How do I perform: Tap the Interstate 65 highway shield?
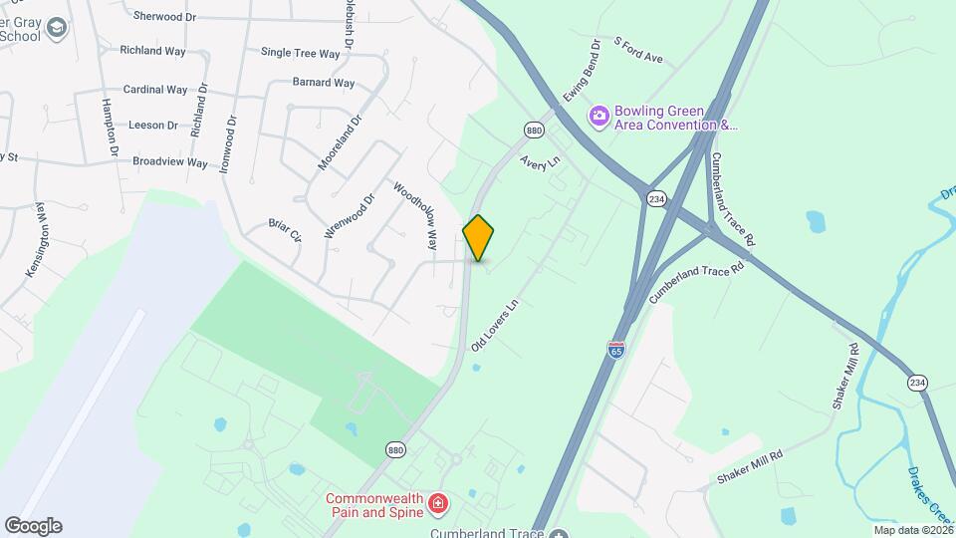point(616,350)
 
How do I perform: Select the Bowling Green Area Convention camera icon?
point(598,117)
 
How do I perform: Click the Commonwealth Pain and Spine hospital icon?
point(437,506)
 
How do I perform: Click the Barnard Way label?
point(324,83)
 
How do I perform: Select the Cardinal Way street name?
point(155,90)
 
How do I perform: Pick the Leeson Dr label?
point(153,126)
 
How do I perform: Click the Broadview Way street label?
point(170,161)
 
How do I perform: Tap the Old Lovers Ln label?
point(496,325)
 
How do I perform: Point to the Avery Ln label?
point(541,163)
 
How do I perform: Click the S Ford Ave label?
point(639,51)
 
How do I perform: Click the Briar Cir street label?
point(285,229)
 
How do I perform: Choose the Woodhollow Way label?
point(416,214)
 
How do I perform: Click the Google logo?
point(33,526)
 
